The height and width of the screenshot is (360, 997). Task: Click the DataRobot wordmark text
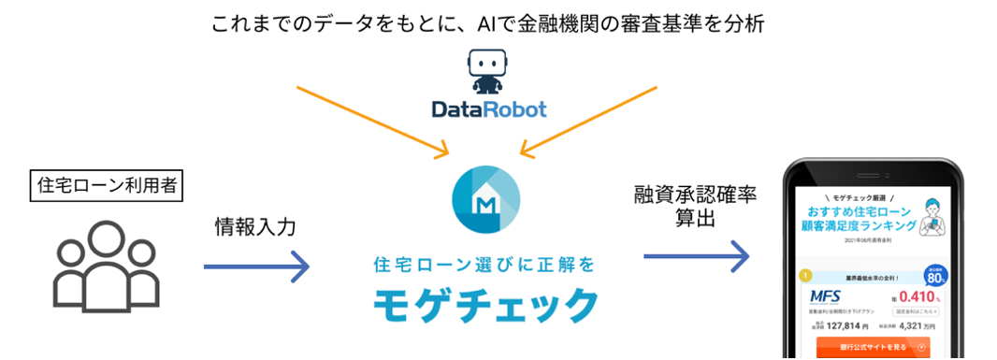(489, 110)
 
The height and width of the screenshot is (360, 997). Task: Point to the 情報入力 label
(253, 227)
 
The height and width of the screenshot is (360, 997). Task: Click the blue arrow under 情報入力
(256, 268)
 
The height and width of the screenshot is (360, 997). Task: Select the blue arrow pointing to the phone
(697, 254)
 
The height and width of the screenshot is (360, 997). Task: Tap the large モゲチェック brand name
(485, 305)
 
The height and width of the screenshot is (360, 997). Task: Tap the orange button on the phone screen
(874, 348)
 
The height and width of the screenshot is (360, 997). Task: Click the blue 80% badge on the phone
(934, 276)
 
